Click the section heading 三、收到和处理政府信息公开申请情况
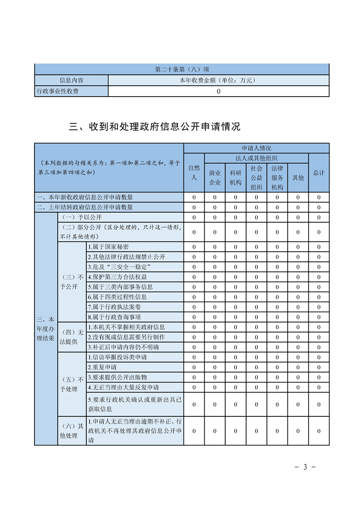(155, 127)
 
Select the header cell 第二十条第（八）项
(182, 69)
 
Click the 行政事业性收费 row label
(58, 91)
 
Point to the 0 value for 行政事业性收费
(218, 91)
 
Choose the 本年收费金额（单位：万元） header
(218, 80)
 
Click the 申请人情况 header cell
(256, 148)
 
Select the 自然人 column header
(194, 173)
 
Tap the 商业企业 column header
(215, 177)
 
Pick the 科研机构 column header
(236, 177)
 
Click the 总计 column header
(319, 173)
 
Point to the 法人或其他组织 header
(256, 158)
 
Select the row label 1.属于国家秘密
(108, 247)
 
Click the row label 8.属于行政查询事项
(114, 317)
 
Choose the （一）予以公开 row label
(76, 217)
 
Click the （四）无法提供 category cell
(72, 337)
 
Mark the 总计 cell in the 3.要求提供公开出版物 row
(319, 377)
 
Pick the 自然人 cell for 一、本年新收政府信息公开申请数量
(194, 197)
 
